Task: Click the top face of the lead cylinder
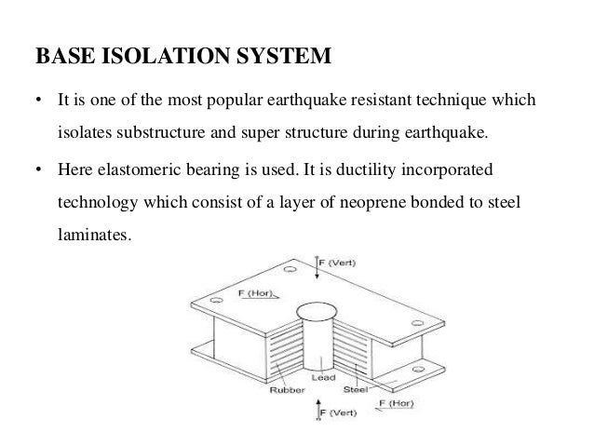coord(315,311)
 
